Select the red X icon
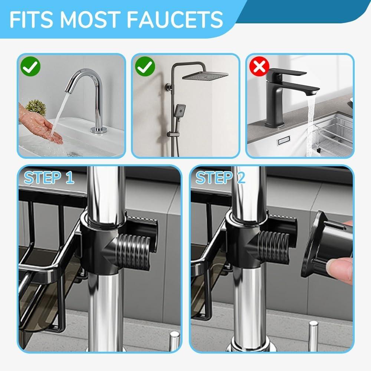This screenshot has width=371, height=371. click(259, 67)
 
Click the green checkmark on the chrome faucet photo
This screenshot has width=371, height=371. click(30, 67)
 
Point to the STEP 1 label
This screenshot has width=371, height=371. click(49, 178)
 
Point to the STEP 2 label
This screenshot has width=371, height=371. click(220, 178)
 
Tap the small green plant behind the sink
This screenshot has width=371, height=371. click(36, 108)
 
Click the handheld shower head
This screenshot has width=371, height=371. click(181, 111)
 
